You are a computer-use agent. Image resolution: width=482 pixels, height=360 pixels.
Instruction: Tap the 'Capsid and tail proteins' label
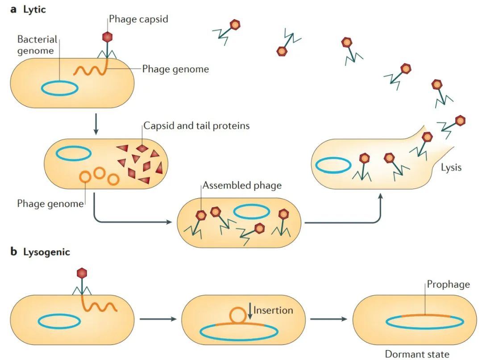196,126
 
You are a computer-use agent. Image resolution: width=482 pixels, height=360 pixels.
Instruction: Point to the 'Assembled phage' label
242,184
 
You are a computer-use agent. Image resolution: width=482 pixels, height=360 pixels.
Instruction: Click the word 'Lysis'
451,168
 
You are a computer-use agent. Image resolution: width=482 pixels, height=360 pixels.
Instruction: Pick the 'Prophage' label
449,284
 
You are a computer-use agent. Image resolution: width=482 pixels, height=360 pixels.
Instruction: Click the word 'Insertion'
273,310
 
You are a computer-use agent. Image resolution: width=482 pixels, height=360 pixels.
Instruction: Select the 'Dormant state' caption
417,354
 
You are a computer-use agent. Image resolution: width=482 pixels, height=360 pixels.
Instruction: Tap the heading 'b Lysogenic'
40,252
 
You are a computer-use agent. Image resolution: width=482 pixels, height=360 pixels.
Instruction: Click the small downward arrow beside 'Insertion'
250,311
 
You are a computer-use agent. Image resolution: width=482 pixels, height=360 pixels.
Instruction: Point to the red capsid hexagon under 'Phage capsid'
107,37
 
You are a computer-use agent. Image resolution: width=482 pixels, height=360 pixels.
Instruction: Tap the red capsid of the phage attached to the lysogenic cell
82,272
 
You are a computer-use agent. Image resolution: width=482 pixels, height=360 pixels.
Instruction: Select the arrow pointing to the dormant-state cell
328,319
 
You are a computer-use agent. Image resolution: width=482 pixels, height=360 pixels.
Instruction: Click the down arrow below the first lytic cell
96,126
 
